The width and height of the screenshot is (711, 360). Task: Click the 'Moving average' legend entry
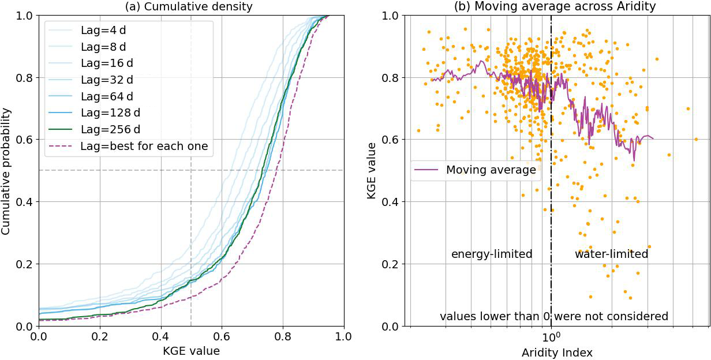491,170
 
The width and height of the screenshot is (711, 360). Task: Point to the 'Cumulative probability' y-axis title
7,171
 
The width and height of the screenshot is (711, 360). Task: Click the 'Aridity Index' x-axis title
556,351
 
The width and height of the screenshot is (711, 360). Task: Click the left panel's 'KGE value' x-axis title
191,350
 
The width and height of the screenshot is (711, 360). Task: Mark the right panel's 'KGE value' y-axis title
372,171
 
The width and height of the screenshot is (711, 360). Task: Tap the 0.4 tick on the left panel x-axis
161,336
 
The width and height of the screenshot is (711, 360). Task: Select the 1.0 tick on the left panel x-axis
343,336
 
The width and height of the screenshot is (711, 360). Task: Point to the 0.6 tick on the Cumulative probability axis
24,140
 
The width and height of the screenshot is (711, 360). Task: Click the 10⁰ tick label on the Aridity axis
552,336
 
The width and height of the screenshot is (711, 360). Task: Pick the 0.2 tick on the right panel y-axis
390,264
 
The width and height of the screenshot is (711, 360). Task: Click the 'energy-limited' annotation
492,254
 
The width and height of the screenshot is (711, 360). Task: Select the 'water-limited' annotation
611,254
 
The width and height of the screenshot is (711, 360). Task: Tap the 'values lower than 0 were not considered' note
554,316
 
